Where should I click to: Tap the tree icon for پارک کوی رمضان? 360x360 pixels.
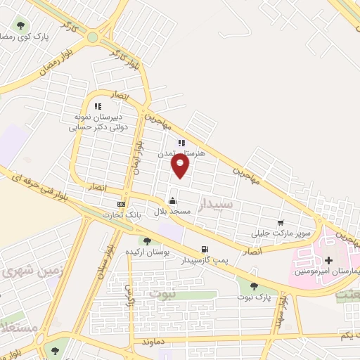(20, 25)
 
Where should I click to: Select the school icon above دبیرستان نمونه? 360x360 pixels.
(98, 106)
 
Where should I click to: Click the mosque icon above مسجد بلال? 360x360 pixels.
(172, 200)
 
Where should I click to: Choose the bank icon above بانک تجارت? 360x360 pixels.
(121, 204)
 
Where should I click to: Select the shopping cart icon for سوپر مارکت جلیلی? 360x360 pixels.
(281, 222)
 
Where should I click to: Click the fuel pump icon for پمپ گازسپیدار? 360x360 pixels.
(205, 249)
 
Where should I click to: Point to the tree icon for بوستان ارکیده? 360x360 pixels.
(147, 241)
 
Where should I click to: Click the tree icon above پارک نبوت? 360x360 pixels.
(254, 285)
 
